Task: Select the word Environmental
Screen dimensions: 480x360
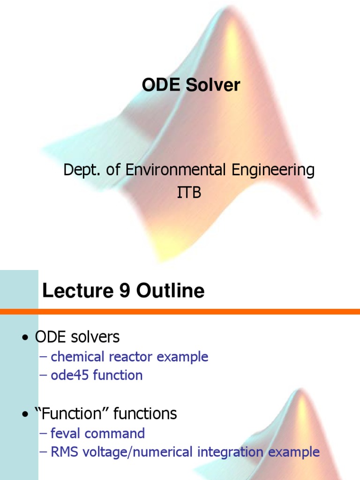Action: [x=175, y=170]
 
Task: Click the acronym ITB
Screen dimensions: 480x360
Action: [x=189, y=192]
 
